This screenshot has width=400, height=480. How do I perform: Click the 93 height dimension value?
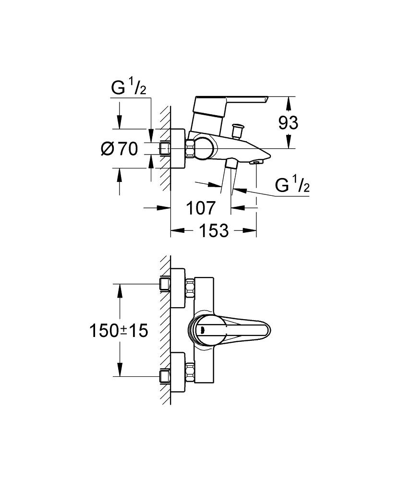point(289,123)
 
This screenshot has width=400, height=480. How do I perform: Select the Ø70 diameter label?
point(120,149)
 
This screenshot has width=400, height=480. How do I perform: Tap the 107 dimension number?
point(200,208)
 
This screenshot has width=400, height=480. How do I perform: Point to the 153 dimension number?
point(214,231)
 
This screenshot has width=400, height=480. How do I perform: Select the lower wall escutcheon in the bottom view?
point(179,371)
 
